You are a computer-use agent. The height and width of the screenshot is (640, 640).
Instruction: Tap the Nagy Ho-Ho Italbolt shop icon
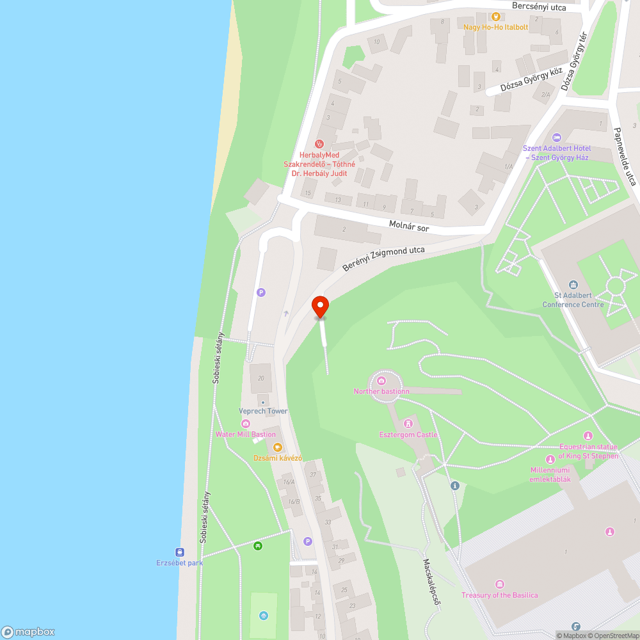[495, 17]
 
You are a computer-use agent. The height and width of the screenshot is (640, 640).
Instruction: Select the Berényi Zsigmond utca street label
[383, 258]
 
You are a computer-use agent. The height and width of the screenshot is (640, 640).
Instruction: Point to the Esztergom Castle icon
[408, 424]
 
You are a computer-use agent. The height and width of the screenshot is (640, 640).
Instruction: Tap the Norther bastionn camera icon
[382, 381]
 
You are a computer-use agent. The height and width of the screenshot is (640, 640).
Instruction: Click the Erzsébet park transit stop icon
[179, 552]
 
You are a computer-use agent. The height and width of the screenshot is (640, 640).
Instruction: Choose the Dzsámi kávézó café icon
[277, 447]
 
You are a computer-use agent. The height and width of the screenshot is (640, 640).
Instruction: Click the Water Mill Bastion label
[246, 435]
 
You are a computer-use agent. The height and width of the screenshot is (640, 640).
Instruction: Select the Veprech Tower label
[263, 411]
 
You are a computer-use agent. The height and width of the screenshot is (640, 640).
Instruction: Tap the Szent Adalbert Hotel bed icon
[556, 137]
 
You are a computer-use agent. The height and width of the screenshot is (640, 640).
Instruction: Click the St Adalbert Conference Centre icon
[573, 285]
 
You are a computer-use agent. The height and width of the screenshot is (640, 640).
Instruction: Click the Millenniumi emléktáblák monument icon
[550, 460]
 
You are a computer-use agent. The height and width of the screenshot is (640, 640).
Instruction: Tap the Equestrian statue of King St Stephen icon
[588, 436]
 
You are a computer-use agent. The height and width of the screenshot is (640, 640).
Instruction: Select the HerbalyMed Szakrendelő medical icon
[319, 144]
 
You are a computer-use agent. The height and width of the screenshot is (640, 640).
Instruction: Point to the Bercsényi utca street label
[540, 6]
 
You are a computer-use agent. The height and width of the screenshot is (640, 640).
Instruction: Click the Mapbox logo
[28, 632]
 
